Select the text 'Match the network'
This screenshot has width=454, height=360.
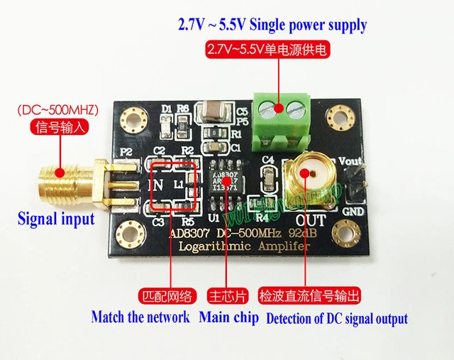click(140, 317)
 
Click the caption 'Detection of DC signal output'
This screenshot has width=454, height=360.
click(337, 318)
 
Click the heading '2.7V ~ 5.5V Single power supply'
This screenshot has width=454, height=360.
click(272, 26)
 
